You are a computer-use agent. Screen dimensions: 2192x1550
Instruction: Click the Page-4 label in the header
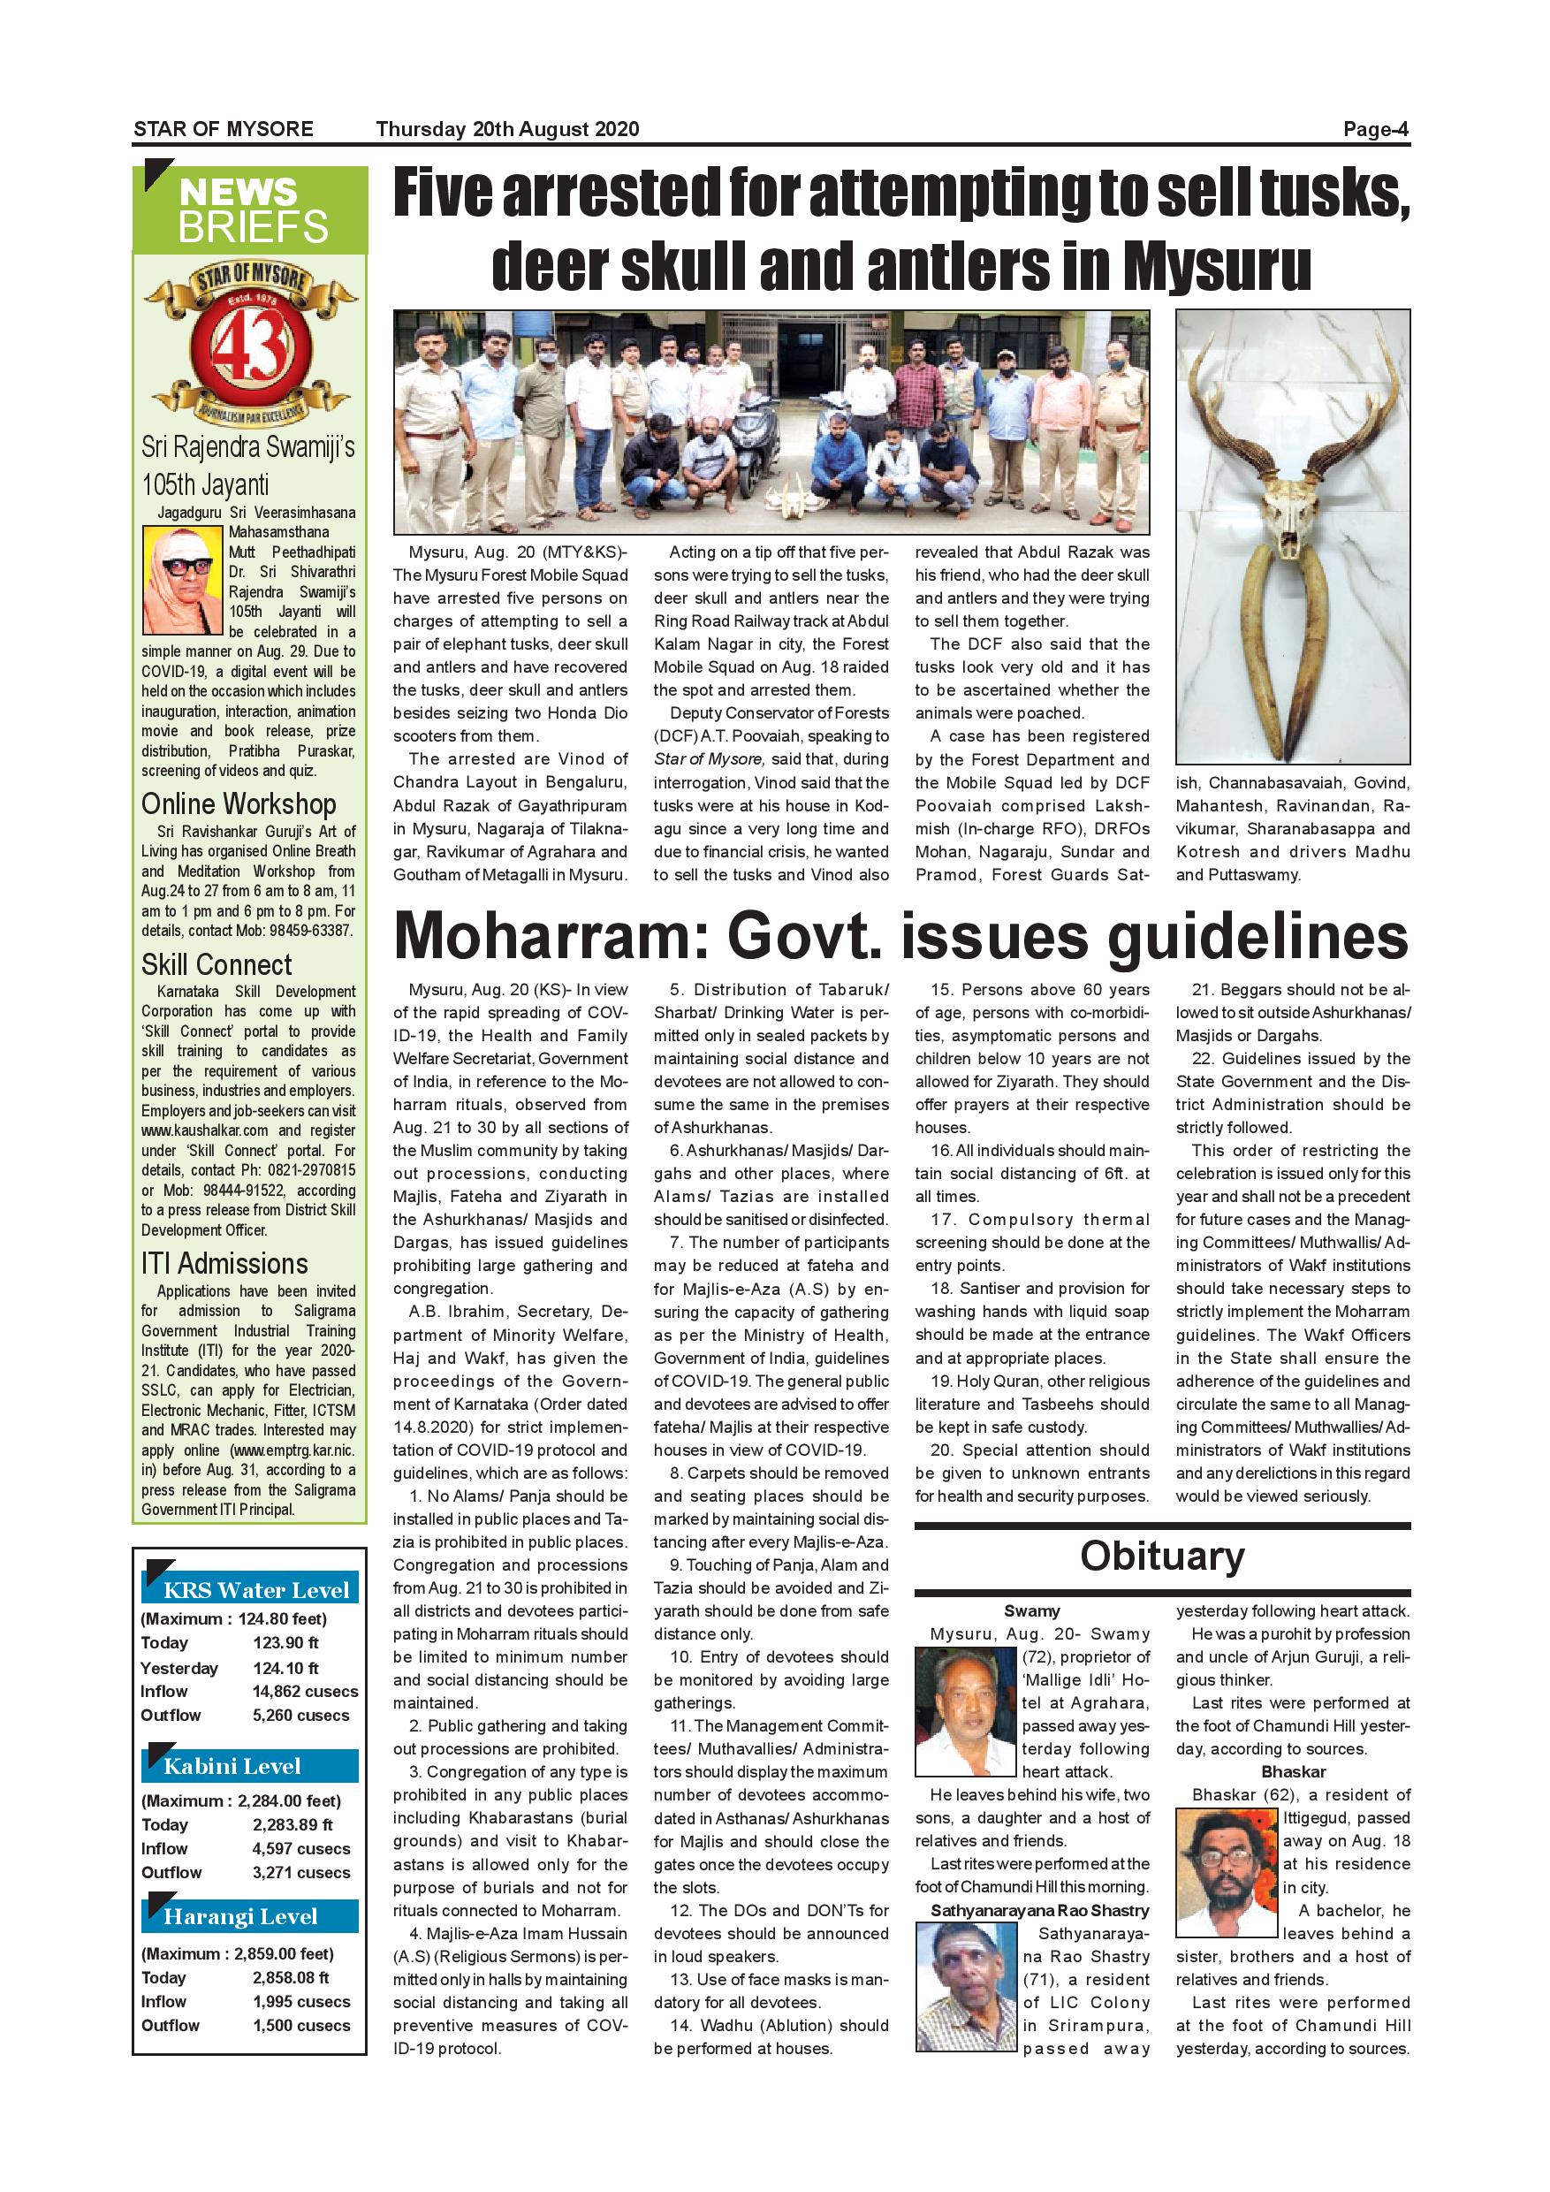(1375, 129)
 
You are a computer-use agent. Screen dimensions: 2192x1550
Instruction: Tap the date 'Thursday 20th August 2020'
(507, 129)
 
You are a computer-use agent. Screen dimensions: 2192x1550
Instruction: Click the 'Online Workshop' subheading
(239, 803)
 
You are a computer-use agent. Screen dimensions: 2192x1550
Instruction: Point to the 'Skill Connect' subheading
(217, 964)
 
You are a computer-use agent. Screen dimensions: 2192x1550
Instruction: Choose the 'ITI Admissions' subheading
(224, 1264)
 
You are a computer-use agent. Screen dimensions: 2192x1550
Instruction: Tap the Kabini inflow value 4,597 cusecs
(300, 1848)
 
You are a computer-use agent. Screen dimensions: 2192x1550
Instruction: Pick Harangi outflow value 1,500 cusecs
(300, 2025)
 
